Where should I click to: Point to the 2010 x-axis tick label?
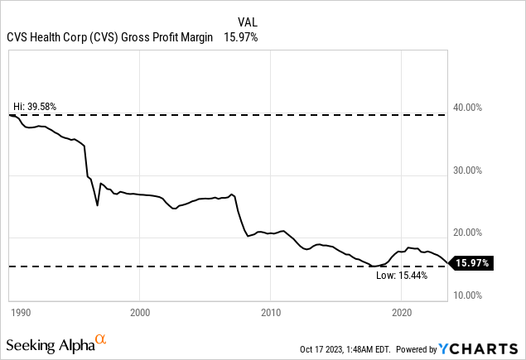(x=271, y=313)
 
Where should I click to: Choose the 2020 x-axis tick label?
(x=402, y=313)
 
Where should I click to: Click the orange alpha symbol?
(x=101, y=338)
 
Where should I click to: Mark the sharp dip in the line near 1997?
(x=98, y=204)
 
